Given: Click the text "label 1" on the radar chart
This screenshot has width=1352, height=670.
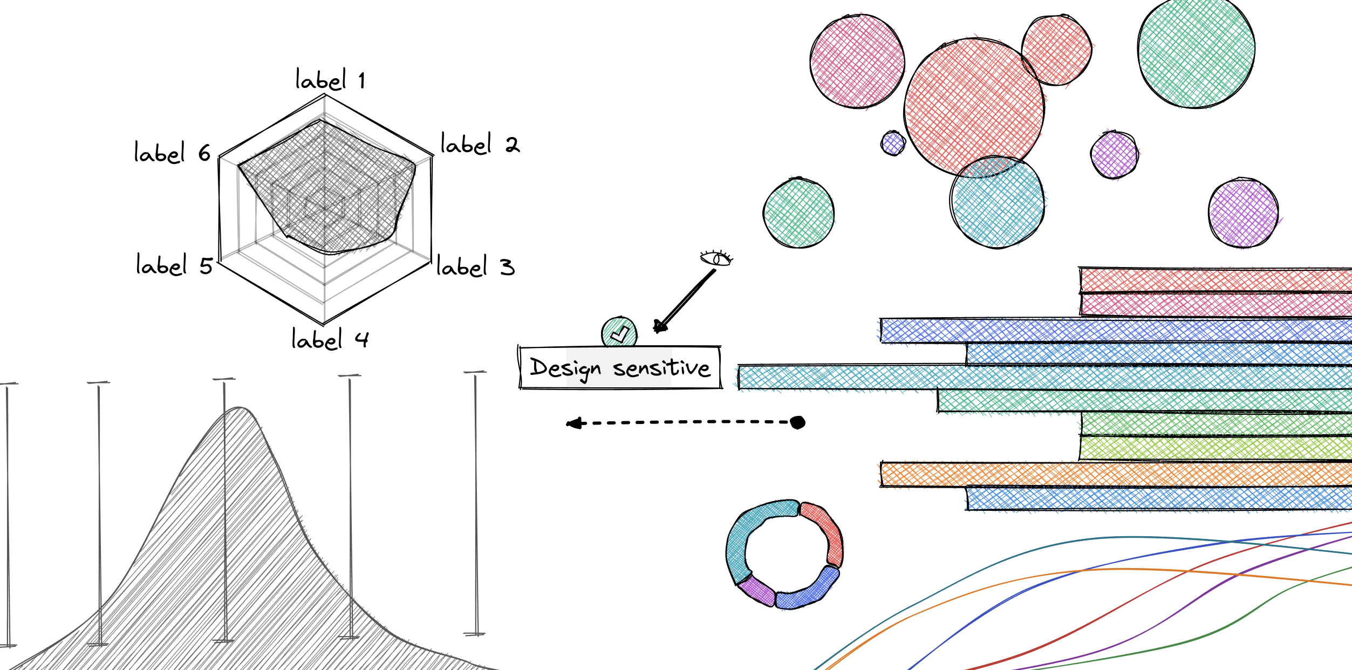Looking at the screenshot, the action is tap(330, 80).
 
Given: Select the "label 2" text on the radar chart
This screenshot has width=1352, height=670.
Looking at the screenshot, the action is tap(480, 144).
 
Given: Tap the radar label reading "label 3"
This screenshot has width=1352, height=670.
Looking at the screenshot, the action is tap(476, 266).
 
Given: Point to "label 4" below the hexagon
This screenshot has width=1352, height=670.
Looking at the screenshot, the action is tap(330, 339).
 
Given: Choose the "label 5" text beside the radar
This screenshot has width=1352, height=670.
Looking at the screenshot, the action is tap(174, 265).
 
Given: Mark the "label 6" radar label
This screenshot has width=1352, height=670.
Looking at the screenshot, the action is tap(172, 153).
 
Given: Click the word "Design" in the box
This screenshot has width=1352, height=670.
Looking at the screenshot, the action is tap(565, 368).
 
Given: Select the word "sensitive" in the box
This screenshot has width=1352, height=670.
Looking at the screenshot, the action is tap(661, 368).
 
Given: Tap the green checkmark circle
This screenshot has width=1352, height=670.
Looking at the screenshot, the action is tap(619, 332).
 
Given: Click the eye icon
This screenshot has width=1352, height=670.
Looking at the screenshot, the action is tap(716, 258).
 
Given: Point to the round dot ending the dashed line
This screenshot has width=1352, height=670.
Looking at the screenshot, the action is tap(797, 422).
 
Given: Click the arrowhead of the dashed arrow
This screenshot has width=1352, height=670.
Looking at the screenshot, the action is tap(574, 423).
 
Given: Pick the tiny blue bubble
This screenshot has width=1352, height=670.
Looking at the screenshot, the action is tap(893, 143).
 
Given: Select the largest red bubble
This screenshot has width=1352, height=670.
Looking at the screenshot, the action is tap(974, 107).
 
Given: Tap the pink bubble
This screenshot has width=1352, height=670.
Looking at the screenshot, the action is tap(857, 61).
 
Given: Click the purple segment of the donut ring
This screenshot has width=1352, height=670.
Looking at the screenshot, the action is tap(756, 590).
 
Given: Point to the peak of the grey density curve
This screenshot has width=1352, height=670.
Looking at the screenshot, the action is tap(239, 408).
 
